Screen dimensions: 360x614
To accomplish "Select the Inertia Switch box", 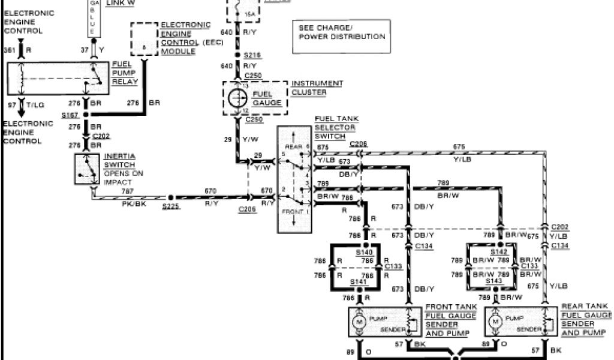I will click(88, 169).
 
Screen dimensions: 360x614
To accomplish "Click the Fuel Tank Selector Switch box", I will click(294, 179).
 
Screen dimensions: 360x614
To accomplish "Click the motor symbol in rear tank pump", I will click(496, 322).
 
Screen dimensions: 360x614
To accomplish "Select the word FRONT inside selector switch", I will click(293, 213).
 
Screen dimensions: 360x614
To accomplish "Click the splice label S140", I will click(364, 253).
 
